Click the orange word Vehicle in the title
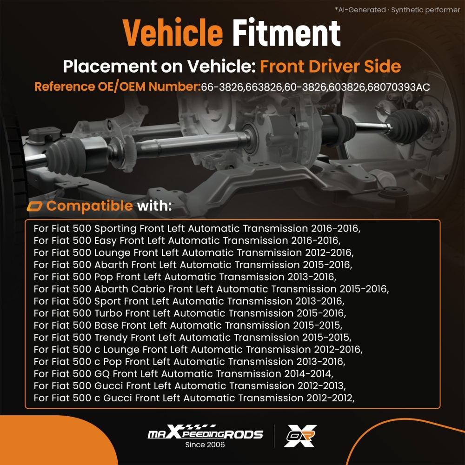tap(173, 33)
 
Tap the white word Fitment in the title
tap(286, 33)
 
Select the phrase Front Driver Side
tap(330, 66)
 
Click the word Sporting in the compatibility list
tap(115, 229)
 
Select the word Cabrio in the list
tap(148, 289)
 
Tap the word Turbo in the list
tap(108, 313)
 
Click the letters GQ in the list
tap(102, 374)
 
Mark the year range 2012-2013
tap(320, 386)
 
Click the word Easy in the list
tap(105, 241)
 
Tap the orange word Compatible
tap(90, 206)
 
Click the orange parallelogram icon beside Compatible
tap(34, 206)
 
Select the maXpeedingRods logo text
tap(205, 432)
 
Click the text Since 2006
tap(205, 445)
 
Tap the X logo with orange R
tap(300, 436)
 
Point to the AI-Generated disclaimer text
tap(398, 10)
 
